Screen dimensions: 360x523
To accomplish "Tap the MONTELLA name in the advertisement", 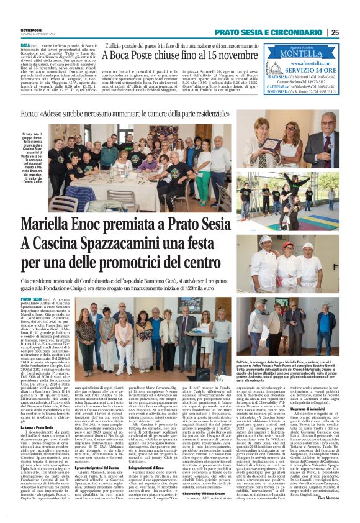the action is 300,54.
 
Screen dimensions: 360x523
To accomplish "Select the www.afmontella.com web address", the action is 301,64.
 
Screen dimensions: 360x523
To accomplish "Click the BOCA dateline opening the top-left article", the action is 25,46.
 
